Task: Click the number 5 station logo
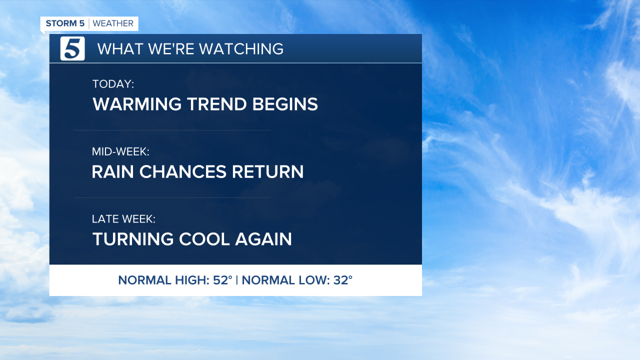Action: [72, 48]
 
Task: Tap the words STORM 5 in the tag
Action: [65, 23]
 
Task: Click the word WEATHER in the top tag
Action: [113, 23]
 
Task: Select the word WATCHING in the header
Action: [241, 49]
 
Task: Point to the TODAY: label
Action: [113, 84]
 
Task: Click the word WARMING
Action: [137, 104]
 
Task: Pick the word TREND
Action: [217, 104]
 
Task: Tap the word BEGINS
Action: [285, 104]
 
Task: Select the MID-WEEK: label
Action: [120, 151]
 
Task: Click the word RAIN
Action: [113, 171]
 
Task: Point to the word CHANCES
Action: [183, 171]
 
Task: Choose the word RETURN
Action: [267, 171]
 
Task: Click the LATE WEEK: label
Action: [123, 219]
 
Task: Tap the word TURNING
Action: [133, 239]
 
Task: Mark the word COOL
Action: [204, 239]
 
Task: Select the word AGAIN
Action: [263, 239]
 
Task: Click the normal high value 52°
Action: [222, 280]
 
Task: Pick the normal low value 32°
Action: [343, 280]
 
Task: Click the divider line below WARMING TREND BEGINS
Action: [172, 130]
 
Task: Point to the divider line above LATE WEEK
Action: [172, 197]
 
